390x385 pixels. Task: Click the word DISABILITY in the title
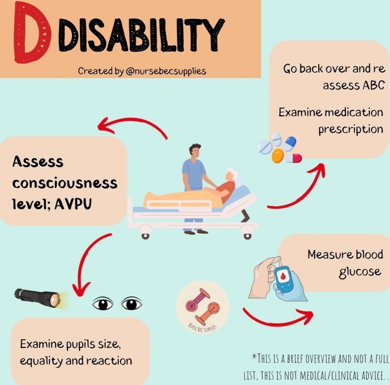point(141,35)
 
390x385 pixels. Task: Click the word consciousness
point(65,183)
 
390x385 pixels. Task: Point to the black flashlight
point(37,297)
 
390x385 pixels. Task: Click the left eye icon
point(103,303)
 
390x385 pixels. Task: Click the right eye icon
point(132,303)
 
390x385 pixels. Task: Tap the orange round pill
point(277,156)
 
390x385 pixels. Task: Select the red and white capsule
point(294,158)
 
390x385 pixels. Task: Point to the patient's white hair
point(232,173)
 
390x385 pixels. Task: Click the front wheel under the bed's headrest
point(247,236)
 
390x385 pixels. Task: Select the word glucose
point(360,272)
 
